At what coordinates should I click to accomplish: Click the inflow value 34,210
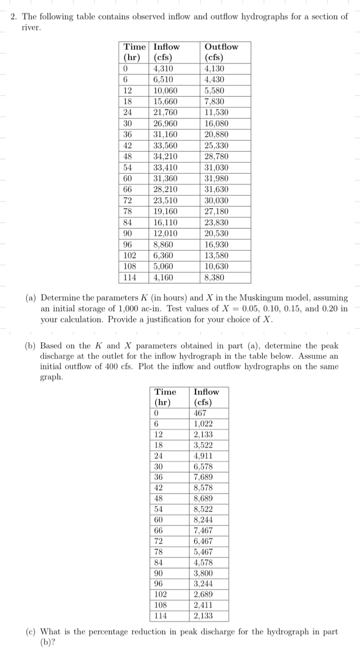click(x=165, y=157)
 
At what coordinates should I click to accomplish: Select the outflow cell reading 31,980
click(x=216, y=179)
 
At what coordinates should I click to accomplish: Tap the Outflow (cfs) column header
click(x=221, y=52)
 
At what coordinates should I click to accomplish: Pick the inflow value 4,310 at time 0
click(x=163, y=68)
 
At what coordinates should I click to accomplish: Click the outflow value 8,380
click(x=214, y=278)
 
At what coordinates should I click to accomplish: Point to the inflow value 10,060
click(x=165, y=90)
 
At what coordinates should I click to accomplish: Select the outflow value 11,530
click(x=216, y=112)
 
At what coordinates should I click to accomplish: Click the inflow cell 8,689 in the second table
click(x=203, y=498)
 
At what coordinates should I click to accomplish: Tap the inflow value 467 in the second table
click(x=200, y=413)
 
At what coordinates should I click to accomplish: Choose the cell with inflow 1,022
click(x=203, y=424)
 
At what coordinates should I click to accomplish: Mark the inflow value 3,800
click(x=203, y=573)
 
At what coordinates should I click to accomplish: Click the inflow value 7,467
click(x=203, y=530)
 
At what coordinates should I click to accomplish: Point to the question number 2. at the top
click(x=14, y=17)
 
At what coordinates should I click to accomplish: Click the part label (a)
click(x=31, y=298)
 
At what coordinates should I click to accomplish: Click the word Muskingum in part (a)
click(x=257, y=298)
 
